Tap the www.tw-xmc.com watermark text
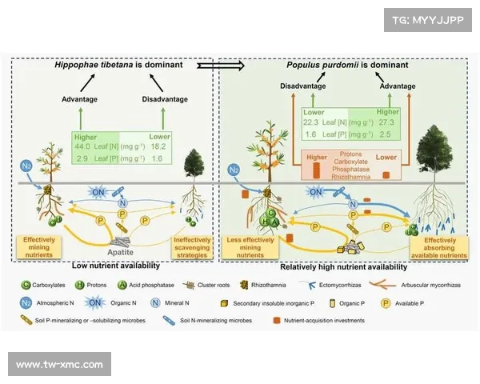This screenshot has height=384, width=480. [60, 365]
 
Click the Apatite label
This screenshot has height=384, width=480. [121, 250]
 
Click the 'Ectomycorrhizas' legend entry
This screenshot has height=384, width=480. [345, 284]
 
